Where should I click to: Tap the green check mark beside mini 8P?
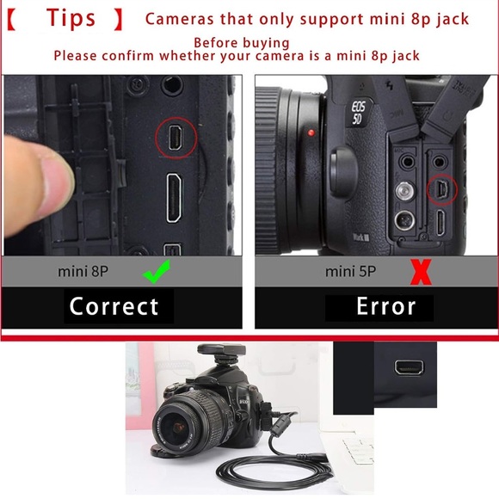(157, 274)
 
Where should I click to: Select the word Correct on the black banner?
(114, 306)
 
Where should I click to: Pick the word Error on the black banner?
(386, 307)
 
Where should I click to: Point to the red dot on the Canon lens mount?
(311, 134)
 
